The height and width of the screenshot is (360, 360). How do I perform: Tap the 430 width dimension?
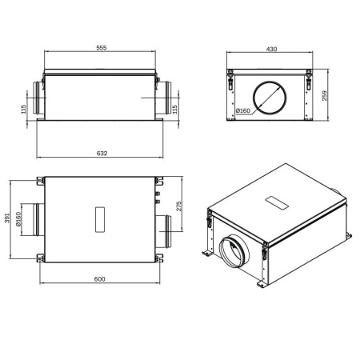coord(271,50)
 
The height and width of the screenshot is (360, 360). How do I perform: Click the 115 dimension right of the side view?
coord(174,110)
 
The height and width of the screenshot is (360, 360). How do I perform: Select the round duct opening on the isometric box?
coord(234,249)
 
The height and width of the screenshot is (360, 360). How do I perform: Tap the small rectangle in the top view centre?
coord(100,218)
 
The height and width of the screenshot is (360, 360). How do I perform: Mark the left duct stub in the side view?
coord(38,97)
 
